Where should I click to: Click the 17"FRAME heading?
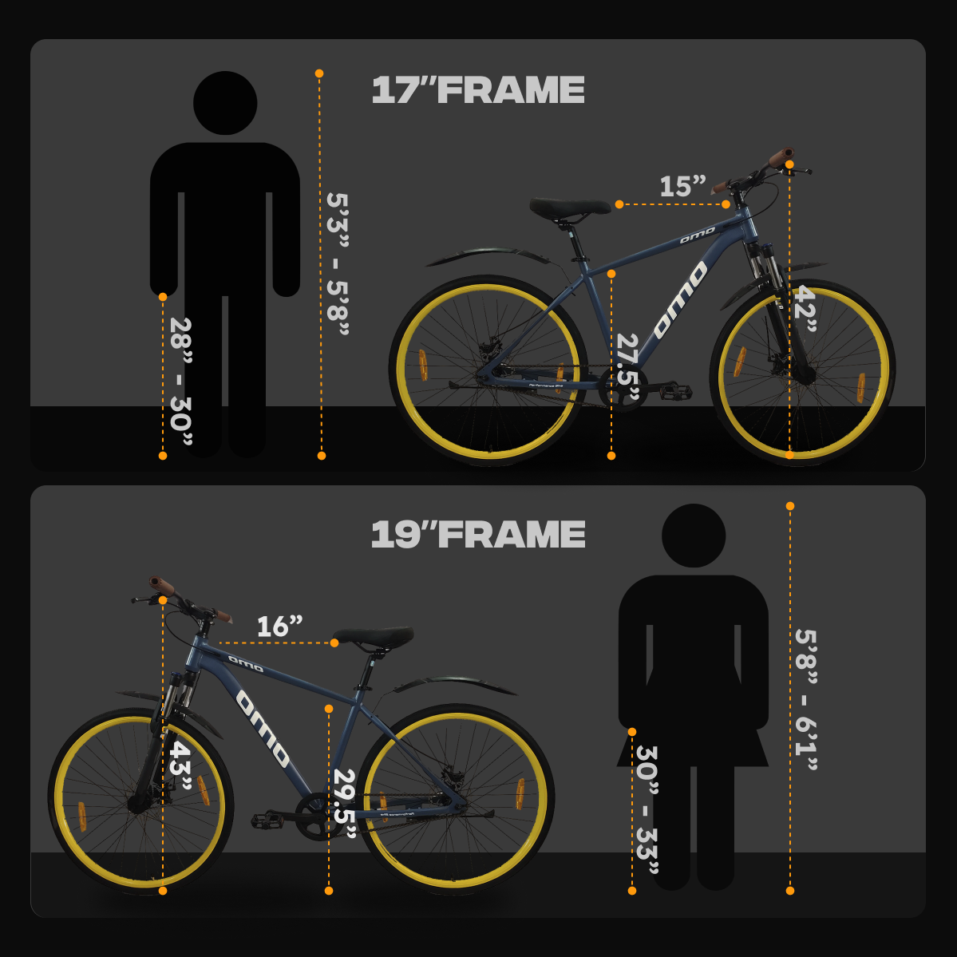[x=478, y=90]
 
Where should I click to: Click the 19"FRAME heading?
[x=478, y=535]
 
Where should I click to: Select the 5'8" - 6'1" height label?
[x=806, y=700]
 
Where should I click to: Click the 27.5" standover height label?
[x=629, y=367]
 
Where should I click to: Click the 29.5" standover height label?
[x=345, y=804]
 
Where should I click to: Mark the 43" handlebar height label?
[x=180, y=766]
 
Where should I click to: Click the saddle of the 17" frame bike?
[x=569, y=208]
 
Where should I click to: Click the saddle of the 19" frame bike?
[x=374, y=638]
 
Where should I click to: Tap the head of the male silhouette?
[x=225, y=103]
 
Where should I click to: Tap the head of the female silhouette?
[x=694, y=536]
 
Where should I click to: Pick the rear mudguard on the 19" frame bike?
[x=455, y=683]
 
